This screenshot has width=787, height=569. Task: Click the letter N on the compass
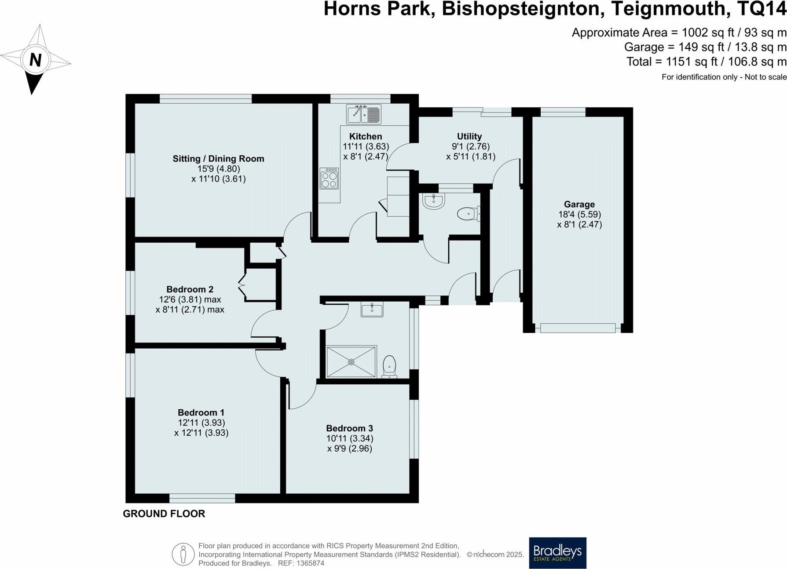click(35, 59)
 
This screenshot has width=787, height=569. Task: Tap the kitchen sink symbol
click(363, 115)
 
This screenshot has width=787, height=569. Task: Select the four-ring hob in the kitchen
click(329, 179)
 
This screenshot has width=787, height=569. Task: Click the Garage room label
click(579, 204)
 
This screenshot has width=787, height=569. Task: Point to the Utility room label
click(469, 136)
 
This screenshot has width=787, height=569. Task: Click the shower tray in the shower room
click(351, 362)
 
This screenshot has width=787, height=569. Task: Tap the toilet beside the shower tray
click(389, 366)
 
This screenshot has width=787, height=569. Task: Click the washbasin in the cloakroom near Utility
click(434, 201)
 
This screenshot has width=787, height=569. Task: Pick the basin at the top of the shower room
click(372, 309)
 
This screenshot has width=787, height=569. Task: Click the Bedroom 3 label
click(349, 428)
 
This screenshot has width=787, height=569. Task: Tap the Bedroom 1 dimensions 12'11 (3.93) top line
click(201, 423)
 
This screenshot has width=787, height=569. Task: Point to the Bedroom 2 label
click(190, 289)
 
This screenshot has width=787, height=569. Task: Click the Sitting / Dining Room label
click(218, 159)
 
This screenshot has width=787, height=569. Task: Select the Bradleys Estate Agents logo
click(557, 553)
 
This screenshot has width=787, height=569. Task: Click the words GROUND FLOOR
click(164, 514)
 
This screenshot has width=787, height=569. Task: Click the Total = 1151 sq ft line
click(706, 62)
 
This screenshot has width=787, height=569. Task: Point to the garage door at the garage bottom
click(578, 328)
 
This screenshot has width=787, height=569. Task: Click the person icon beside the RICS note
click(183, 554)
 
